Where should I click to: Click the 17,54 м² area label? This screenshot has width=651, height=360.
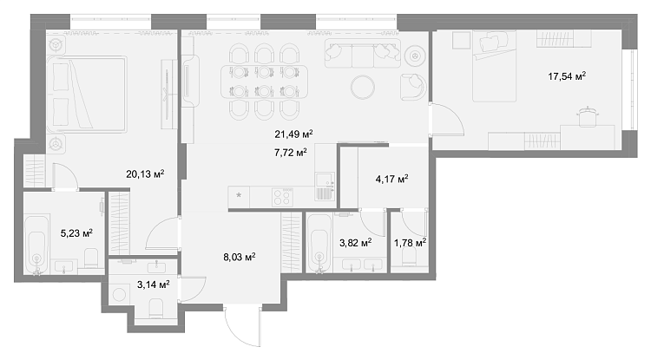tap(567, 75)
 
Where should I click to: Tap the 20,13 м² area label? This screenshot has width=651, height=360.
tap(145, 173)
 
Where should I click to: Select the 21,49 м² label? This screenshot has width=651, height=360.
tap(293, 134)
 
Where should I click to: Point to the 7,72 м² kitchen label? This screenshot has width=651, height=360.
tap(291, 152)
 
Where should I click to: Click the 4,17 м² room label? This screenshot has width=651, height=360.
tap(391, 179)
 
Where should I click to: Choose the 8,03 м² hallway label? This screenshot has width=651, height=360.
tap(240, 257)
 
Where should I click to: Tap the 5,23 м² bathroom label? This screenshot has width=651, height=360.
tap(76, 233)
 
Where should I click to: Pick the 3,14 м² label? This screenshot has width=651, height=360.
tap(153, 285)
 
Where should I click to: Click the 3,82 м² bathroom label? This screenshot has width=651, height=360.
tap(355, 243)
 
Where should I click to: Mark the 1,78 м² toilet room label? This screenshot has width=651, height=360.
tap(411, 243)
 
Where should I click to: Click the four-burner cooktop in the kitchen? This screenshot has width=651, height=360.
tap(282, 197)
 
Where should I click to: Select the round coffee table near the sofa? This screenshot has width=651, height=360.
tap(363, 87)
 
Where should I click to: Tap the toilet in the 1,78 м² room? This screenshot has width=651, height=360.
tap(410, 260)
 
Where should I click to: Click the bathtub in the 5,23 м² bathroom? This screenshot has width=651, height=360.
tap(36, 244)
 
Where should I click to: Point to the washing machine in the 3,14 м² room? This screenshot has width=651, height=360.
tap(120, 295)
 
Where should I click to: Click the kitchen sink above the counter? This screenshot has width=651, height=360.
tap(325, 180)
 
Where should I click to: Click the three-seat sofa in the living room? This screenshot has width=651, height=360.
tap(363, 53)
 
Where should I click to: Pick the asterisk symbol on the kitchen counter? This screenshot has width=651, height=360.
tap(239, 195)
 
